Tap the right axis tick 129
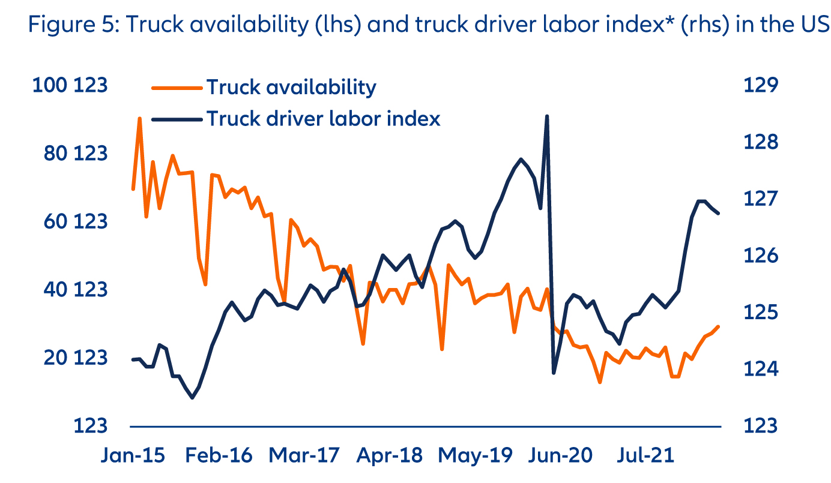tap(760, 85)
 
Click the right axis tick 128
tap(760, 142)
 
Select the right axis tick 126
tap(760, 256)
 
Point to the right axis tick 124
tap(760, 368)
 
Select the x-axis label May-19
tap(476, 455)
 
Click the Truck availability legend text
tap(291, 88)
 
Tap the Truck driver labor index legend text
tap(323, 118)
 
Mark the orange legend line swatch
tap(175, 88)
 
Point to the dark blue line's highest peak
tap(547, 116)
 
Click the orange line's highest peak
tap(140, 119)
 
